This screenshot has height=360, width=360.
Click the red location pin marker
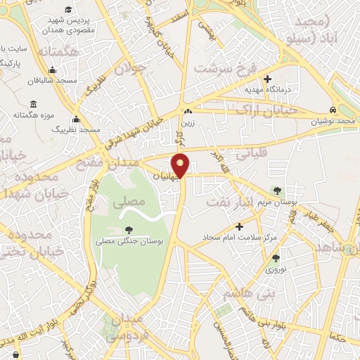tap(181, 165)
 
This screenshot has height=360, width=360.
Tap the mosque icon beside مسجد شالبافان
tap(52, 70)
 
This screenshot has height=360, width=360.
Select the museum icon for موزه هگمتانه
tap(33, 105)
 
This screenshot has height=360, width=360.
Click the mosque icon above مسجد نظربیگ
tap(75, 119)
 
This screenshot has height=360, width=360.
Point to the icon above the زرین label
tap(187, 112)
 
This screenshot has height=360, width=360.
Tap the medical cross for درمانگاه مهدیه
tap(267, 79)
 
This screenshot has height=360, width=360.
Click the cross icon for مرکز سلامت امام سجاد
tap(240, 226)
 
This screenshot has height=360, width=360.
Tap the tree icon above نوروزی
tap(275, 258)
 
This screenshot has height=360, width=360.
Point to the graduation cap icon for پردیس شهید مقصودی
tap(68, 10)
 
